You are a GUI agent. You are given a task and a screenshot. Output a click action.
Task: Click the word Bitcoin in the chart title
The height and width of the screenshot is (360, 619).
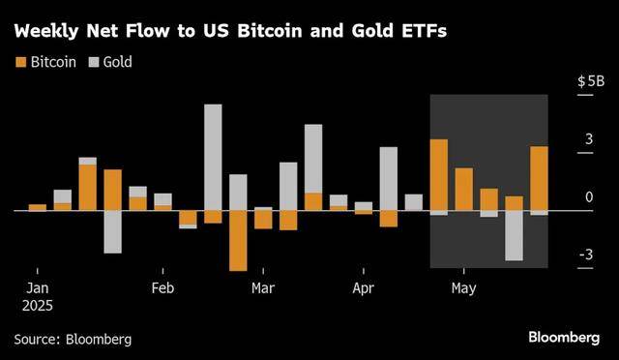coord(270,31)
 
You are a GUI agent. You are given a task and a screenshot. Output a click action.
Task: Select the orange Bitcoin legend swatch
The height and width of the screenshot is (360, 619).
coord(20,62)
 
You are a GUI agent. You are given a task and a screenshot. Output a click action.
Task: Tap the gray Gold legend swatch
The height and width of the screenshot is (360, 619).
coord(94,62)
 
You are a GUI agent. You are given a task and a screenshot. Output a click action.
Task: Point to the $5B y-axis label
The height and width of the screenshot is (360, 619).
coord(591,81)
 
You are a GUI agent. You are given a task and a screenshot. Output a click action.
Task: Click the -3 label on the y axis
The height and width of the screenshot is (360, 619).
coord(586,255)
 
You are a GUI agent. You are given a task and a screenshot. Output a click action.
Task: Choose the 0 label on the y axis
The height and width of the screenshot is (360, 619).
coord(589,196)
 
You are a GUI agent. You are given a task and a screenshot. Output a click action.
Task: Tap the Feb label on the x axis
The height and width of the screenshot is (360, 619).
coord(162,287)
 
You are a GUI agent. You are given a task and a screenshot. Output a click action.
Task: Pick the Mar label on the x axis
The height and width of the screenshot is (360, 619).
coord(263,287)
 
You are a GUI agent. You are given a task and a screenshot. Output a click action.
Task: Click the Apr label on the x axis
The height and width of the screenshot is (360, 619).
coord(364,288)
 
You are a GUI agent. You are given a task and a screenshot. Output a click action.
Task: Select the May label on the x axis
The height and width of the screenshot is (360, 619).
coord(464,288)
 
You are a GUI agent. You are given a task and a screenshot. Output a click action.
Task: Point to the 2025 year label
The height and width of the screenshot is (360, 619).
coord(38,306)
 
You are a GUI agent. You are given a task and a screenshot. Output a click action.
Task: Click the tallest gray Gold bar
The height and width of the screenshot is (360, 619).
coord(213,158)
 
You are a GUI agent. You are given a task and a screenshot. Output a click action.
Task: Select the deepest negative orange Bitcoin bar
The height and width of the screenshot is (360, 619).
coord(238,241)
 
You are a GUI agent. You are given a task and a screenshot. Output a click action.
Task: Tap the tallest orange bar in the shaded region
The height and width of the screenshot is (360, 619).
coord(439,174)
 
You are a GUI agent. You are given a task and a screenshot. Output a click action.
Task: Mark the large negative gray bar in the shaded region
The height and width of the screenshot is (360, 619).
coord(514,235)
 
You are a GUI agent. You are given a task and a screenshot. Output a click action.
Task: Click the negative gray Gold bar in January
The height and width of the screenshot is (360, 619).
coord(113,231)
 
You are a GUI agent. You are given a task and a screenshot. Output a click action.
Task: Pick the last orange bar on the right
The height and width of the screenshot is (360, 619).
coord(539,178)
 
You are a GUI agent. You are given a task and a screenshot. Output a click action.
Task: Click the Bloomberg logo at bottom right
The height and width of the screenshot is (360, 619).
coord(564,338)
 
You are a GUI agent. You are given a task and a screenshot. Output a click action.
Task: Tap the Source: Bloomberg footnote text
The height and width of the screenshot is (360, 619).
coord(74,340)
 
